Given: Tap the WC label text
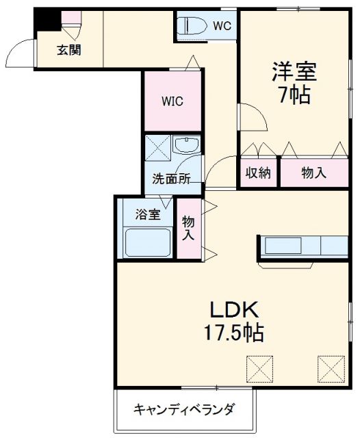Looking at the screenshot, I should click(221, 27).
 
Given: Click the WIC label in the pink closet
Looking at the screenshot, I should click(172, 102).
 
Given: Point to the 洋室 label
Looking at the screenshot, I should click(294, 70).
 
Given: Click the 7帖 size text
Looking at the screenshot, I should click(294, 94).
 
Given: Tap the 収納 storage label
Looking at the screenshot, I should click(259, 173).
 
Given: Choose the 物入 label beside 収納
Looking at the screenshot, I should click(313, 173).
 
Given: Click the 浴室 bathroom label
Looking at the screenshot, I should click(147, 214).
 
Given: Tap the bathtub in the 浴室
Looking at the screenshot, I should click(147, 242).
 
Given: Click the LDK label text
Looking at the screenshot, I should click(233, 308).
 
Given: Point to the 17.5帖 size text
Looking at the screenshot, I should click(233, 333).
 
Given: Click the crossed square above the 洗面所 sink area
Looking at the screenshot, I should click(155, 148).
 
